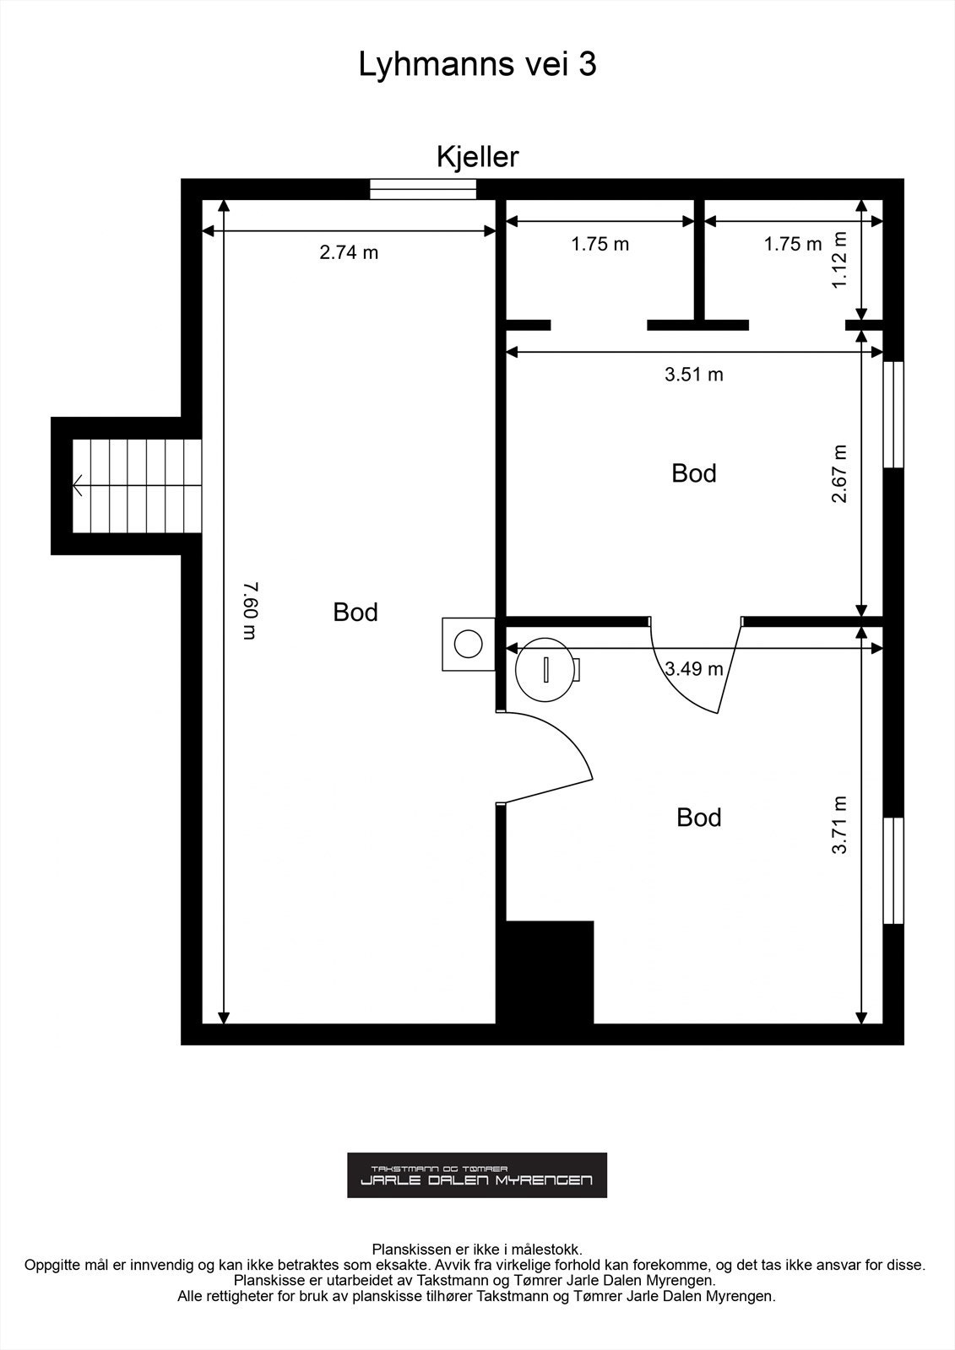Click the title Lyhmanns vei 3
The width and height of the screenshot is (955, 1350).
[x=477, y=64]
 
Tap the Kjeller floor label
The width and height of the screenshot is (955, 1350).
[x=477, y=157]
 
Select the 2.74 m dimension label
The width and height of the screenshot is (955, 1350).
[x=349, y=252]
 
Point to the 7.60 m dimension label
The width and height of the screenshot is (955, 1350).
[x=249, y=610]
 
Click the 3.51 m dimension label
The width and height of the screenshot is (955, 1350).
[x=693, y=375]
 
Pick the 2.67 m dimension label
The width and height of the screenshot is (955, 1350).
[x=839, y=474]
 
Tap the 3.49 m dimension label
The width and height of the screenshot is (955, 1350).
[x=693, y=669]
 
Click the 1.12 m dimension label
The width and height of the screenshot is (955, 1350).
[x=839, y=260]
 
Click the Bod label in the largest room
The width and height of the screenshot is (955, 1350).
[x=355, y=612]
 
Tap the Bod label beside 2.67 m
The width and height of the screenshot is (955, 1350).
[x=693, y=473]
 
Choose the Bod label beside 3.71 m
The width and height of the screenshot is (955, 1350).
[x=698, y=818]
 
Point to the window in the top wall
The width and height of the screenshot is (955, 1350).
[x=423, y=189]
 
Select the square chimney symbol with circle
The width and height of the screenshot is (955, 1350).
[x=468, y=644]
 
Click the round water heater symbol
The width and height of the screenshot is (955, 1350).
[x=545, y=670]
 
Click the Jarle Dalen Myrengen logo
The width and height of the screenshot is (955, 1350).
[x=476, y=1174]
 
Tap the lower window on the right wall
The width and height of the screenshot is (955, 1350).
[x=893, y=870]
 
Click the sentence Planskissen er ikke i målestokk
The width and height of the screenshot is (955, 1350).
[x=477, y=1248]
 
